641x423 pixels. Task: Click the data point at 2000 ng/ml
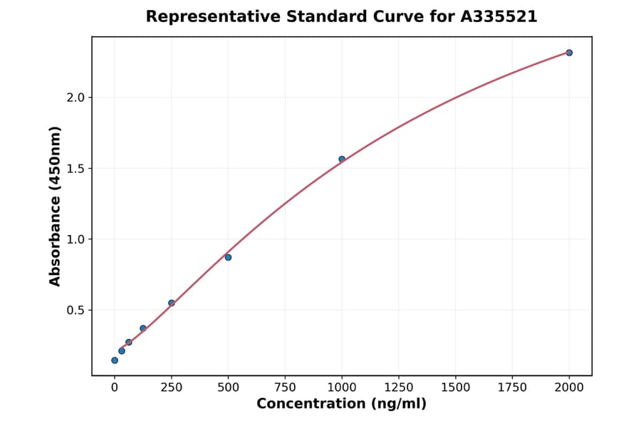pyautogui.click(x=569, y=53)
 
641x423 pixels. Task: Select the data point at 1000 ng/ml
pyautogui.click(x=342, y=159)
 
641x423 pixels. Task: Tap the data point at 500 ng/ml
pyautogui.click(x=228, y=257)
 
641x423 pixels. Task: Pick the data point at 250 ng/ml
pyautogui.click(x=172, y=303)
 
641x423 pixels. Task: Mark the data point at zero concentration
pyautogui.click(x=115, y=360)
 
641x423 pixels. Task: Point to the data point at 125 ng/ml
pyautogui.click(x=143, y=328)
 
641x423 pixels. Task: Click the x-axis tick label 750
pyautogui.click(x=285, y=387)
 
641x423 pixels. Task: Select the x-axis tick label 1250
pyautogui.click(x=399, y=387)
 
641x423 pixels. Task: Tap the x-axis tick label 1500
pyautogui.click(x=456, y=387)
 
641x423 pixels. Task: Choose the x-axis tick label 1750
pyautogui.click(x=512, y=387)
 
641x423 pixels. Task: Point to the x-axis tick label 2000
pyautogui.click(x=569, y=387)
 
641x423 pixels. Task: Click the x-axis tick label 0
pyautogui.click(x=115, y=387)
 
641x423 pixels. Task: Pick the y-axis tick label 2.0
pyautogui.click(x=75, y=98)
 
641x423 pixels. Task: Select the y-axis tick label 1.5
pyautogui.click(x=75, y=169)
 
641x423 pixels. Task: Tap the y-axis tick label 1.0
pyautogui.click(x=75, y=239)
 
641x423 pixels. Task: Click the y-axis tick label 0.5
pyautogui.click(x=75, y=310)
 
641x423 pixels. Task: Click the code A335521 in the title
pyautogui.click(x=499, y=16)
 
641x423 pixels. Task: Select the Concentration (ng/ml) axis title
pyautogui.click(x=341, y=404)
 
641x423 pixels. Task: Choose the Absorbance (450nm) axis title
pyautogui.click(x=56, y=206)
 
